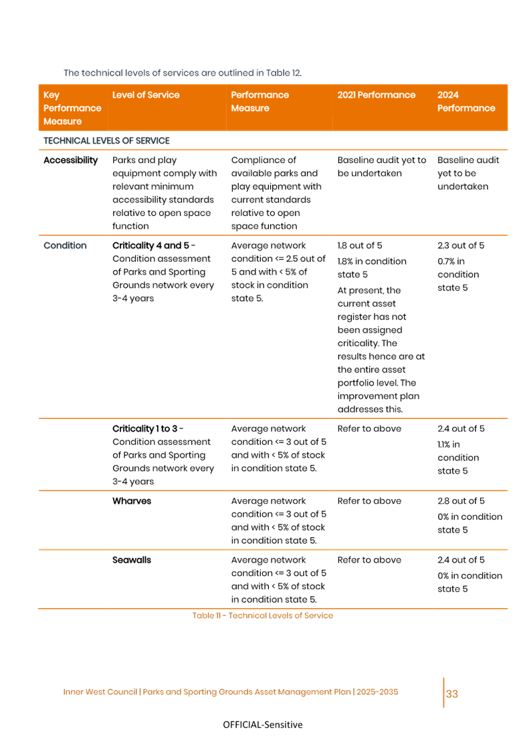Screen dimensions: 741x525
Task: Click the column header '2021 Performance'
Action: pos(376,95)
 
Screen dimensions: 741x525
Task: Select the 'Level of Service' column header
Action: pos(146,95)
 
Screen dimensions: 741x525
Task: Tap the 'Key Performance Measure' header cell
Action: pos(72,108)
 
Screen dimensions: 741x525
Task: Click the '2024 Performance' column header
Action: pos(466,102)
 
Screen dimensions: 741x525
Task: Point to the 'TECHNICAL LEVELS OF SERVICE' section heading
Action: pos(106,140)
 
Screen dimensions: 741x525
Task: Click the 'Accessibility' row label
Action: pos(70,160)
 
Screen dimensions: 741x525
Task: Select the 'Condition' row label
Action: pos(65,246)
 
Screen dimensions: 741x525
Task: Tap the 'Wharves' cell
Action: pos(132,501)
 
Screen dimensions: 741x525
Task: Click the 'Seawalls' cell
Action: pos(132,560)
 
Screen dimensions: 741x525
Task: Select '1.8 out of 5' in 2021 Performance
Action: pos(360,246)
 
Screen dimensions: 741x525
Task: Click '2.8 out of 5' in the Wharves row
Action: pos(461,501)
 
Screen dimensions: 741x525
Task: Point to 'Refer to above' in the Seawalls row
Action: pos(369,560)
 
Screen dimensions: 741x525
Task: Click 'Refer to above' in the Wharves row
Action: pos(369,501)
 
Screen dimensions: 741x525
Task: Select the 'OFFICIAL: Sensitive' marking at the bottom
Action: pos(262,725)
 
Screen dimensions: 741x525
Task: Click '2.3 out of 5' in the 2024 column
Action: pos(461,246)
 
